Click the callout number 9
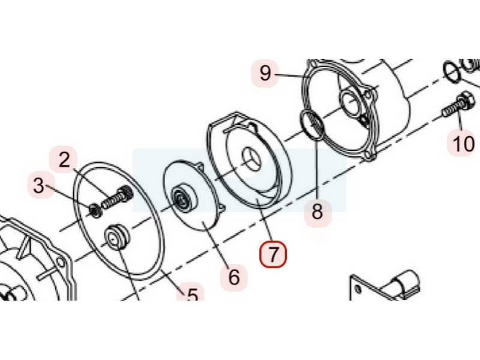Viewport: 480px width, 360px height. [x=265, y=73]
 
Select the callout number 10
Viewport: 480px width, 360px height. [x=463, y=143]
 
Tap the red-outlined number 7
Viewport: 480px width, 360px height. [x=273, y=254]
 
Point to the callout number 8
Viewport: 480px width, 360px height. [x=317, y=211]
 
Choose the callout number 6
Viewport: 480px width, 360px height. [x=234, y=277]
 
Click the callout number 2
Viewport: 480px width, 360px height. [x=64, y=160]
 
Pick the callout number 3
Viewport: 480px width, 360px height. [x=39, y=185]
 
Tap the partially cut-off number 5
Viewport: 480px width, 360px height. [x=192, y=295]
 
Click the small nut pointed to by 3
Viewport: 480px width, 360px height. [x=95, y=211]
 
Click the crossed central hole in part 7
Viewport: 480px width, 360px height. [x=251, y=158]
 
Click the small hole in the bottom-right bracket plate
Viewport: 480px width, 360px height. [x=358, y=289]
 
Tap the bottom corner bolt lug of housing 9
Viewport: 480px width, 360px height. [x=371, y=156]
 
